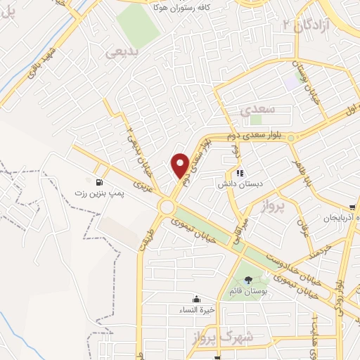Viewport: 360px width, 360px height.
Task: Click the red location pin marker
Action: [181, 165]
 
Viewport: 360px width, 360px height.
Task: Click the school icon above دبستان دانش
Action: [239, 172]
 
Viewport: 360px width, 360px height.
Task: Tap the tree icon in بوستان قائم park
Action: [247, 280]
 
